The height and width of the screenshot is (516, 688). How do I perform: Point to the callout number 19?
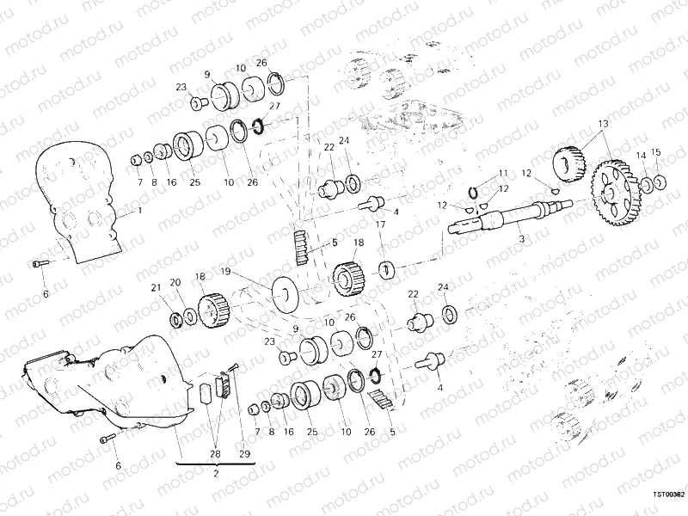click(x=224, y=272)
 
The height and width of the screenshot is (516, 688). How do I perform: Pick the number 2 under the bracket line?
click(x=216, y=473)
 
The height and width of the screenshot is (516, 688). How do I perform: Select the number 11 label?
click(x=503, y=173)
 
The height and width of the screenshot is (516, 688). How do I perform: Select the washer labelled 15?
click(x=658, y=181)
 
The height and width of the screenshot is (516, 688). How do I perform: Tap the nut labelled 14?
click(x=642, y=183)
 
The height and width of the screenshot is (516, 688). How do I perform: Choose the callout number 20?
click(x=175, y=282)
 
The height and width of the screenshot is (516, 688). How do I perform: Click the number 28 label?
click(x=216, y=454)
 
